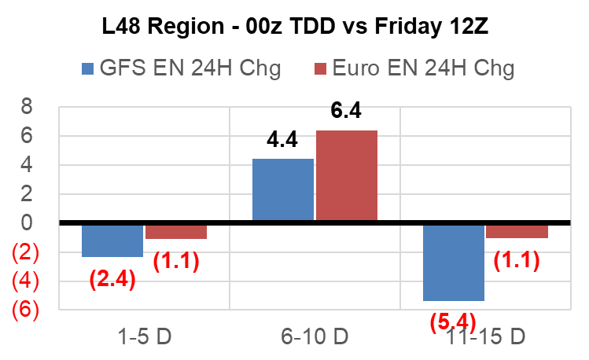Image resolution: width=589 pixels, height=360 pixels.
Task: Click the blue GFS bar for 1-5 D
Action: [112, 240]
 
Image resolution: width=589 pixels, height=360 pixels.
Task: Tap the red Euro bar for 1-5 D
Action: [175, 231]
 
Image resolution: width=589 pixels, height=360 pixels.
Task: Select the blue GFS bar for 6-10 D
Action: [282, 190]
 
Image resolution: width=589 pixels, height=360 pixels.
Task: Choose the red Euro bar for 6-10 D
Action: [346, 176]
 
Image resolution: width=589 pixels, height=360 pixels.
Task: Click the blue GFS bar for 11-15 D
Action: [453, 262]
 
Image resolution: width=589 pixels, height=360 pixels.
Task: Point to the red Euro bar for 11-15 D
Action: [517, 230]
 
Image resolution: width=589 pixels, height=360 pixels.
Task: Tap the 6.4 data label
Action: [346, 112]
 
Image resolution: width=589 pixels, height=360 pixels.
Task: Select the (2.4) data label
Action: [113, 278]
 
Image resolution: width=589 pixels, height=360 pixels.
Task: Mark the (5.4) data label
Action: [455, 321]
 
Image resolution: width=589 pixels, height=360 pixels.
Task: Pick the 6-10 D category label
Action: [315, 338]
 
